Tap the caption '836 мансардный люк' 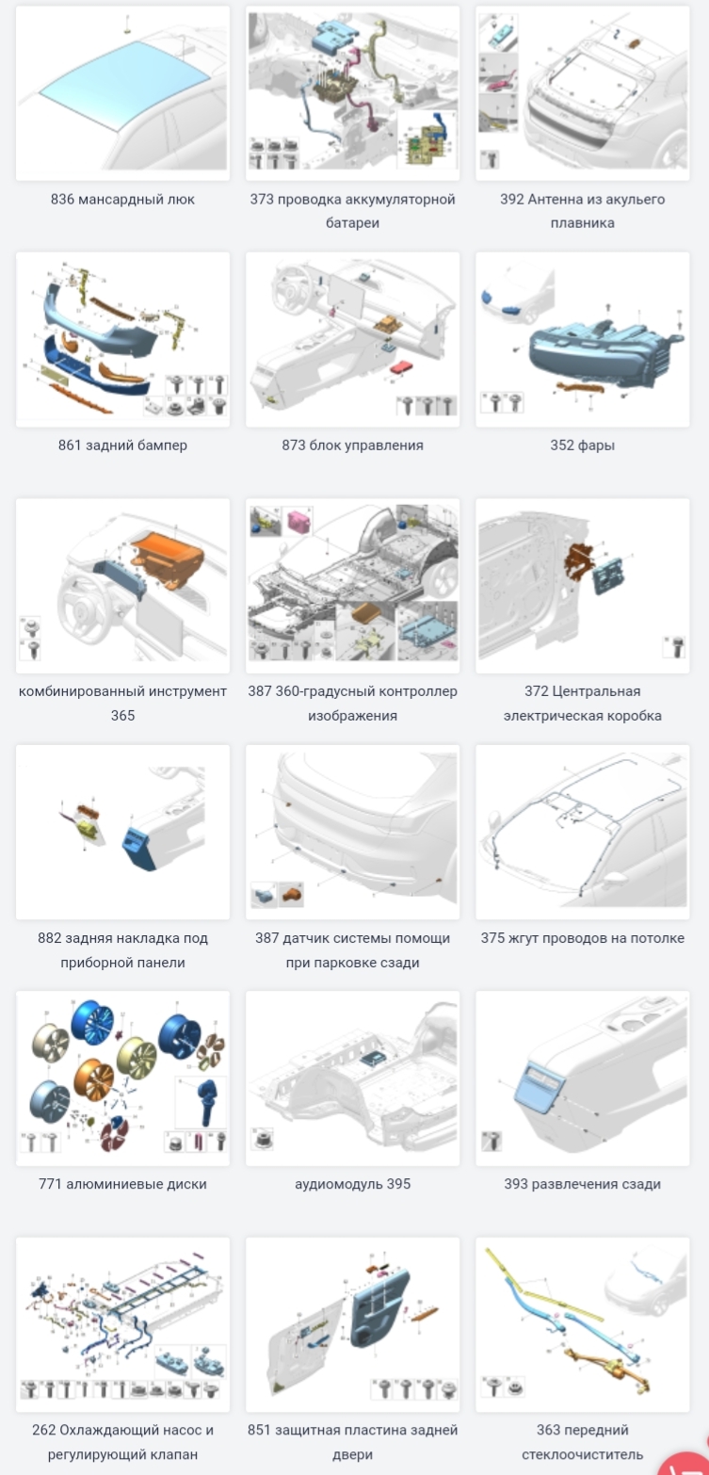[x=122, y=199]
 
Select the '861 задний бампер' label [x=122, y=446]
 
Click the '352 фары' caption [x=583, y=446]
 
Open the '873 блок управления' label [x=352, y=446]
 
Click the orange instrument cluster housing [x=168, y=559]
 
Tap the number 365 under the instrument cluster [x=122, y=715]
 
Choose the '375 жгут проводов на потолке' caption [x=583, y=938]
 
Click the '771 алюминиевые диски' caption [x=122, y=1184]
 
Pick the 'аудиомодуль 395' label [x=352, y=1184]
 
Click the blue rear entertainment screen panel [x=540, y=1088]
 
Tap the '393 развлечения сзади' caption [x=583, y=1184]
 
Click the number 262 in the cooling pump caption [x=43, y=1430]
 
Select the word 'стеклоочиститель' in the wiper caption [x=583, y=1454]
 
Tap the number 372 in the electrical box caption [x=537, y=691]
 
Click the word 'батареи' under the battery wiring [x=352, y=222]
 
